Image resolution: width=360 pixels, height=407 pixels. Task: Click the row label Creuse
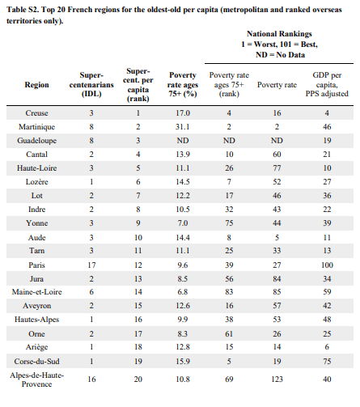36,113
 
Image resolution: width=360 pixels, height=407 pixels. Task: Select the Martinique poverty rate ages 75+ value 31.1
183,127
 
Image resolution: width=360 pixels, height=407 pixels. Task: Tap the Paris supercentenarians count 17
91,265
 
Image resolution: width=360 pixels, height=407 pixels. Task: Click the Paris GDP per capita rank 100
327,265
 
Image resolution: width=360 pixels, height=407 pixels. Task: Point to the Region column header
36,85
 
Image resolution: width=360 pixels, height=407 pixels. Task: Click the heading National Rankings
279,34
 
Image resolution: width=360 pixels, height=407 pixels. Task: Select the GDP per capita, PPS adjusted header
327,84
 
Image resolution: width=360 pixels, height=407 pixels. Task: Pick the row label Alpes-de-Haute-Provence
36,379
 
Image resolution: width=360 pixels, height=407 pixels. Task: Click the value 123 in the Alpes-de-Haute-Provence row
277,379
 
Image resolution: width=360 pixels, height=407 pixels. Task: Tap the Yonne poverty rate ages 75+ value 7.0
183,223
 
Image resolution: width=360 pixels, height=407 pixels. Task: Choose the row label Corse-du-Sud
36,362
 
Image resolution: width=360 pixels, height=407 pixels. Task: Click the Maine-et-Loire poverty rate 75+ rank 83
229,292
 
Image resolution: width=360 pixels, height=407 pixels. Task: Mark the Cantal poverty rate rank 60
277,155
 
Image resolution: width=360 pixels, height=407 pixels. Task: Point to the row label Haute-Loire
36,168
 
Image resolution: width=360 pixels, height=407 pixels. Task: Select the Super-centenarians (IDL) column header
91,84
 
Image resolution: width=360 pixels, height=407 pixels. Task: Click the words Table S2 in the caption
23,10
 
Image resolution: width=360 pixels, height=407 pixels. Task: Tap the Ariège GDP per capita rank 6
327,347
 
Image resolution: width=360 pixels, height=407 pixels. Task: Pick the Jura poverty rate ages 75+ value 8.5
183,279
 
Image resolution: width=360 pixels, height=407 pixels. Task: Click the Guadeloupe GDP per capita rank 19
327,141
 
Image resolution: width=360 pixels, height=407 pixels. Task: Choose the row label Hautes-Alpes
36,320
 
